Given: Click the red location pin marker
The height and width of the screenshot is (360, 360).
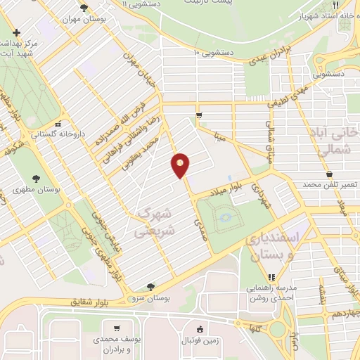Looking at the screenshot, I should point(181,165).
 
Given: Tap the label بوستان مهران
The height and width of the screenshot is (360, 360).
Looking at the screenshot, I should point(103,20).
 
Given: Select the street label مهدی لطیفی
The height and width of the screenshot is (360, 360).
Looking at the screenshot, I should point(288,92).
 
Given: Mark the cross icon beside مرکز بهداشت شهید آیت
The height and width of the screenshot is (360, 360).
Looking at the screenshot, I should point(16,32).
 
